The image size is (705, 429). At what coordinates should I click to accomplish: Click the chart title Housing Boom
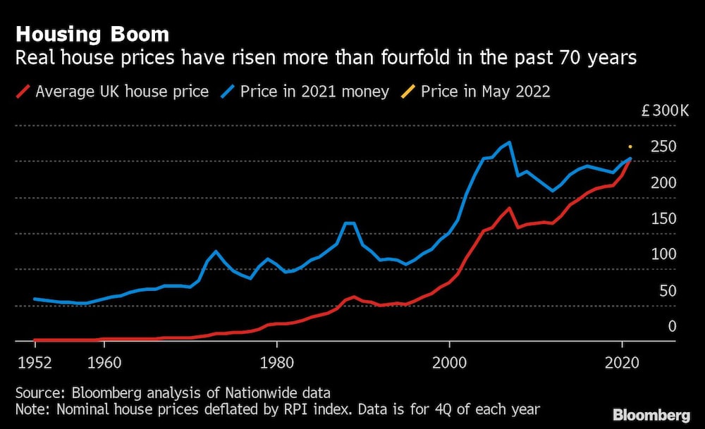(x=92, y=34)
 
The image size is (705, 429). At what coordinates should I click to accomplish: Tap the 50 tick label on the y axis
(x=666, y=290)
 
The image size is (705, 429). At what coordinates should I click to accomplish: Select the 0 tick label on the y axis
(x=672, y=326)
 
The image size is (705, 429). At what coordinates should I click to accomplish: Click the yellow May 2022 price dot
(x=630, y=147)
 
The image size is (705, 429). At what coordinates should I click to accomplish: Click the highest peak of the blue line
(x=509, y=142)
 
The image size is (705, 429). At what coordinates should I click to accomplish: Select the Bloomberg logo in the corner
(x=652, y=414)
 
